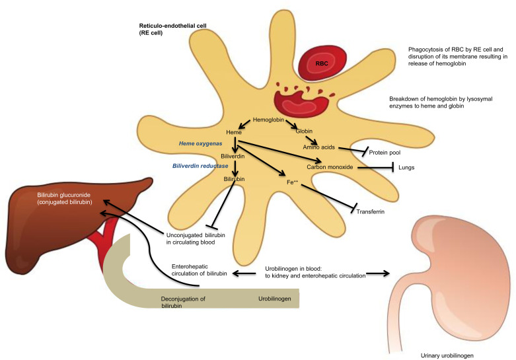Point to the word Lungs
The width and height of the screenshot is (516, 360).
tap(406, 168)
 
